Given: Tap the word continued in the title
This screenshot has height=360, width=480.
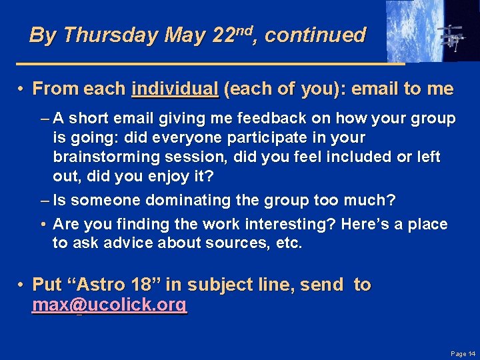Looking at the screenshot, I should (x=315, y=35).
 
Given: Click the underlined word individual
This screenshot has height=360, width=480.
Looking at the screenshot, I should (x=175, y=89).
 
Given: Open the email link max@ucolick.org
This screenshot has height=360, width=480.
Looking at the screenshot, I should (x=109, y=305).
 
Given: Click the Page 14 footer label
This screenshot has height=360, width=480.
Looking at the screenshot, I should (x=463, y=353).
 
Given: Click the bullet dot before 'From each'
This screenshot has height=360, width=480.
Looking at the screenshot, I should (x=22, y=89).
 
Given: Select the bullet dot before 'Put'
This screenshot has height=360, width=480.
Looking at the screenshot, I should (x=22, y=285).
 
